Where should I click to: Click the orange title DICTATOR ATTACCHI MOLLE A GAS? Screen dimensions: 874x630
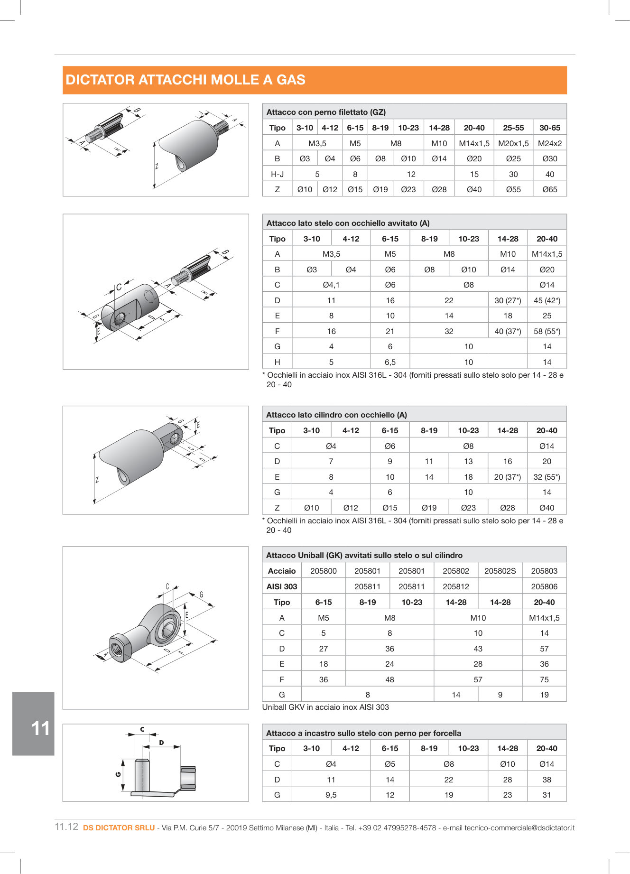[x=185, y=80]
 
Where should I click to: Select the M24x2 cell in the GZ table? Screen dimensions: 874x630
[x=549, y=143]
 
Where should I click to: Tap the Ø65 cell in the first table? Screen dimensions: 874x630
[x=549, y=189]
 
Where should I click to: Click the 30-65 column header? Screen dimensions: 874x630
[x=549, y=128]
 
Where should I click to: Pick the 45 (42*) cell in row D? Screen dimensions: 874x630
[x=547, y=300]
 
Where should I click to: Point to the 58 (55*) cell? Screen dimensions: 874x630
[x=547, y=331]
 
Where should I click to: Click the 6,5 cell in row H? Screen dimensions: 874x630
[x=390, y=362]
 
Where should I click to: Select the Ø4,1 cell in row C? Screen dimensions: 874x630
[x=331, y=285]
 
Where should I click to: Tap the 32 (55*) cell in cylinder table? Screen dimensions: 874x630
[x=547, y=477]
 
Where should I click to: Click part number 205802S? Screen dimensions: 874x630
[x=500, y=571]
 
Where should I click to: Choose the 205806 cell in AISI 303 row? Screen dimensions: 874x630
[x=544, y=586]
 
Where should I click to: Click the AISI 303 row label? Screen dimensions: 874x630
[x=282, y=586]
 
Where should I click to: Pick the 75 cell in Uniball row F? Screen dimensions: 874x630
[x=544, y=679]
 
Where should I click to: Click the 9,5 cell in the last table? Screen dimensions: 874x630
[x=331, y=795]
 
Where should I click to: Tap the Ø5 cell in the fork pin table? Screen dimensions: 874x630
[x=390, y=764]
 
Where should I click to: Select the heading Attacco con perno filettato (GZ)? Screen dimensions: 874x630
[x=326, y=112]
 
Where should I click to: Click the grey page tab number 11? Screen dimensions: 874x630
[x=40, y=728]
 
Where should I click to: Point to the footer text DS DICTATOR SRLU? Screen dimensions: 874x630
[x=119, y=828]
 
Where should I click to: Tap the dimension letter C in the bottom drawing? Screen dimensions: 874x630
[x=142, y=729]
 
